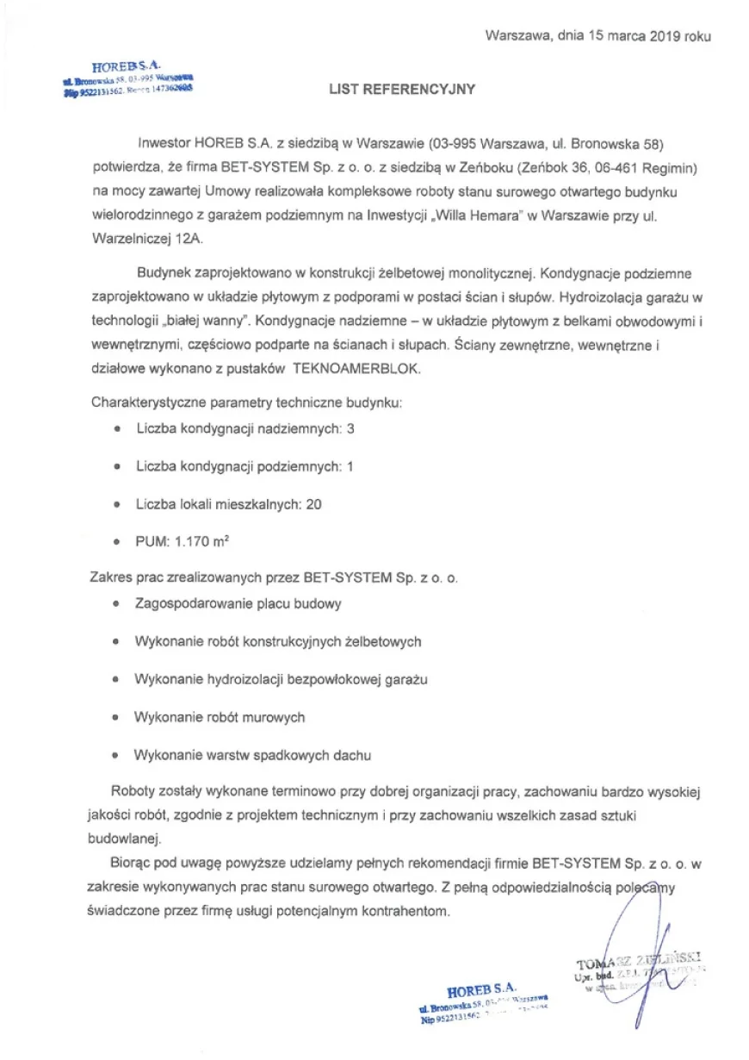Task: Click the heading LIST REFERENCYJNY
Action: pyautogui.click(x=401, y=89)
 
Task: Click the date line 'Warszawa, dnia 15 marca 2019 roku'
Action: pyautogui.click(x=597, y=36)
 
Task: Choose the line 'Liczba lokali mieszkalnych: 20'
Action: pyautogui.click(x=228, y=504)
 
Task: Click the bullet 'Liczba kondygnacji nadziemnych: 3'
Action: pyautogui.click(x=245, y=428)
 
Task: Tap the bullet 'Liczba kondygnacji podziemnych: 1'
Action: pyautogui.click(x=245, y=466)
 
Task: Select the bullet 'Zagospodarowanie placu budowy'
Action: pyautogui.click(x=238, y=603)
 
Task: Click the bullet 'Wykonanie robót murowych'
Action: pyautogui.click(x=220, y=717)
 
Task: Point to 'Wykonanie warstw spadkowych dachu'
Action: pyautogui.click(x=252, y=755)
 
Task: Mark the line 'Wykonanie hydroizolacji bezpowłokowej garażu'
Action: pyautogui.click(x=281, y=679)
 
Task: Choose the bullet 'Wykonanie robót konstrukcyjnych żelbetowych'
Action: pyautogui.click(x=277, y=641)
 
